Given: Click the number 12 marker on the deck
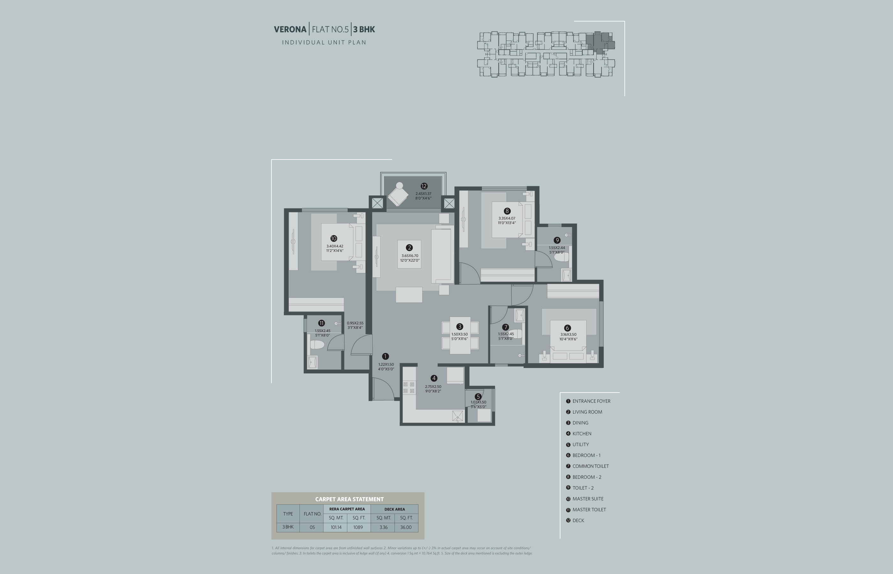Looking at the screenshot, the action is (424, 186).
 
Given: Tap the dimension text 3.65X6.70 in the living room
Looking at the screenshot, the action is (410, 256).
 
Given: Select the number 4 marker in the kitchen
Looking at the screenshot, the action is (433, 378).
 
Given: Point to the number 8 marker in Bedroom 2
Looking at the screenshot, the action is (507, 211).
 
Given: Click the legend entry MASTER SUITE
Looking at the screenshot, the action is (588, 499).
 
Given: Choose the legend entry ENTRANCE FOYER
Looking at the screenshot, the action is (592, 401).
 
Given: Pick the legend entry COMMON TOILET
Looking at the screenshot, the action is (590, 466).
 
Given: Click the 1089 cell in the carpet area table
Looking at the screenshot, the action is (358, 527).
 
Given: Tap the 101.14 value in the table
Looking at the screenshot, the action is (336, 527).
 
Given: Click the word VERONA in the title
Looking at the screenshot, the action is (290, 29).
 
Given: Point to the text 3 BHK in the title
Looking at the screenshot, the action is (364, 29).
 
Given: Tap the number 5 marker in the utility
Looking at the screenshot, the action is (478, 397).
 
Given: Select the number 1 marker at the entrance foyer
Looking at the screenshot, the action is (385, 356).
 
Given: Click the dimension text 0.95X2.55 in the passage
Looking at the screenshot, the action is (355, 323).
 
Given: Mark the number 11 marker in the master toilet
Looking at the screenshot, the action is (321, 323).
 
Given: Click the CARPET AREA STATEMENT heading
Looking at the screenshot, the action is (349, 499).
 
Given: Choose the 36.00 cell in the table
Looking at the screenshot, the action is (406, 527).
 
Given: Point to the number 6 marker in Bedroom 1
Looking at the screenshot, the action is (567, 328).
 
